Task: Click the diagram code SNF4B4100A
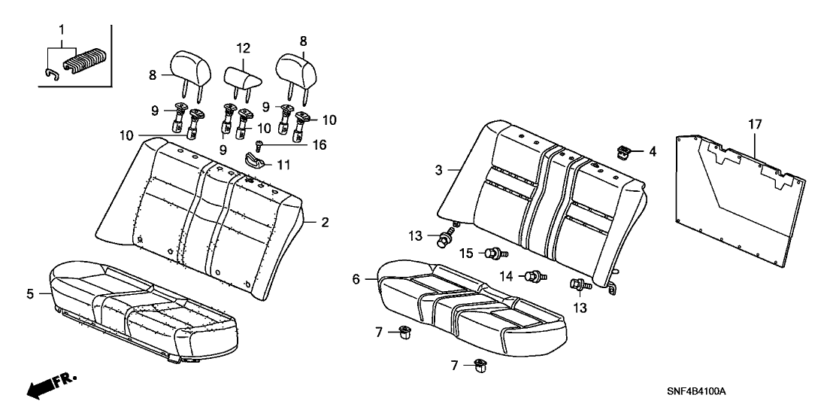[x=701, y=393]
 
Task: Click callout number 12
[x=243, y=48]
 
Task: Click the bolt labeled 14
[x=535, y=278]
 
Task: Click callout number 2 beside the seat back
[x=325, y=222]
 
